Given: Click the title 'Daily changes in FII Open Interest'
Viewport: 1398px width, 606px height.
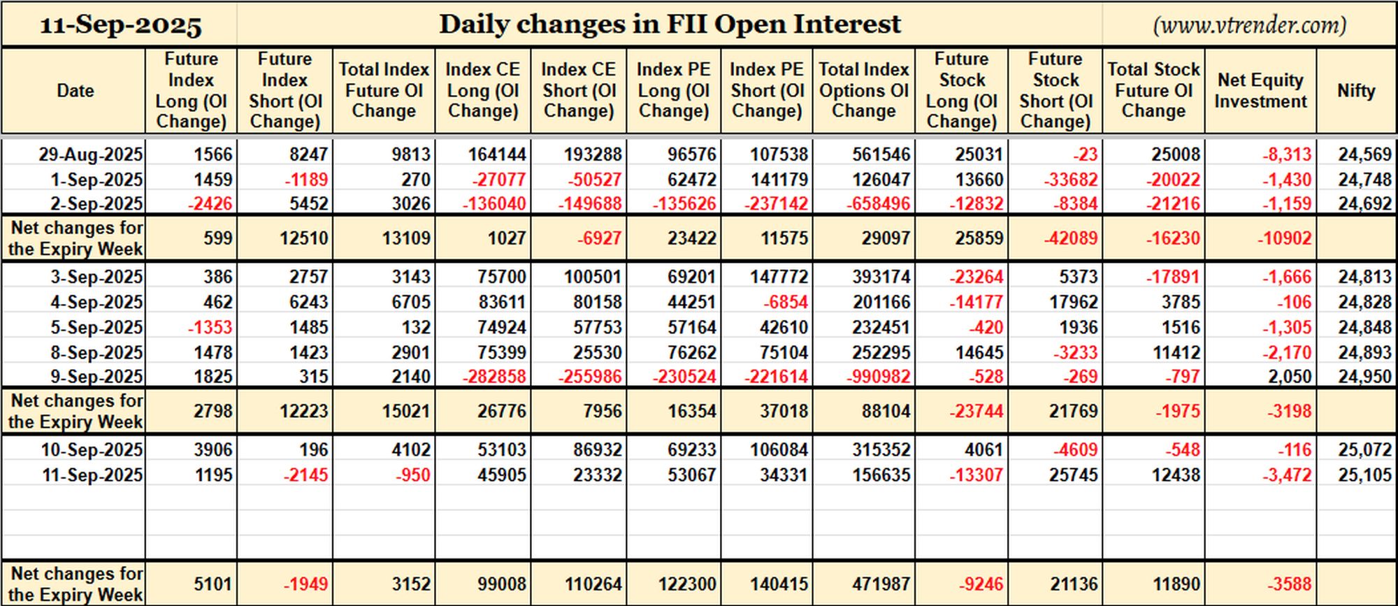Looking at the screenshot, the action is point(670,24).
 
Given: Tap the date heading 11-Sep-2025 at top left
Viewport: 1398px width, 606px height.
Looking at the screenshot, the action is point(121,26).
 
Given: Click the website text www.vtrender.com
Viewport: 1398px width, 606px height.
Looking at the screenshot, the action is point(1249,25).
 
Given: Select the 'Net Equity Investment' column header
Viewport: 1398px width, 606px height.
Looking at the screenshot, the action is point(1260,91).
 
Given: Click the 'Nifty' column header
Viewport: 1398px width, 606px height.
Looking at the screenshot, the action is point(1356,91).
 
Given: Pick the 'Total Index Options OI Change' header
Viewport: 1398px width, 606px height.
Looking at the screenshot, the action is point(864,90).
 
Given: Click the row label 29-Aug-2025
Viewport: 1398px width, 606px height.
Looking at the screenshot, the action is point(91,154).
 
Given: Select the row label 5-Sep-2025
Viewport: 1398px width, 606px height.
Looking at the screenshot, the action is point(96,328).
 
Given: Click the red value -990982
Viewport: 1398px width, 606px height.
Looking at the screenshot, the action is point(879,377).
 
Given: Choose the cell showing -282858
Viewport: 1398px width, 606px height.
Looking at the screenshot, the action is point(494,377).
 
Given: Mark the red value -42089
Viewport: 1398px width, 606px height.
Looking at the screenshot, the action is point(1071,238).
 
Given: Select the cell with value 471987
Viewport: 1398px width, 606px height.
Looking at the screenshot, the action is point(881,584).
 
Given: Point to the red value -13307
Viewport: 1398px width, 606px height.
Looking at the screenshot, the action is point(977,475).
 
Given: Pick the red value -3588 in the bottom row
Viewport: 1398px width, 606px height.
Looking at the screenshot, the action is point(1290,584).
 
